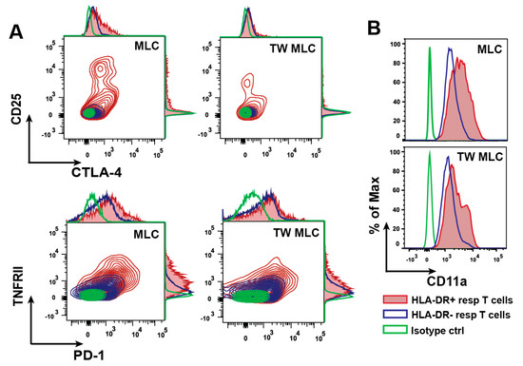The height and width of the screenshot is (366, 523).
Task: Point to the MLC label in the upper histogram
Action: click(492, 48)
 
